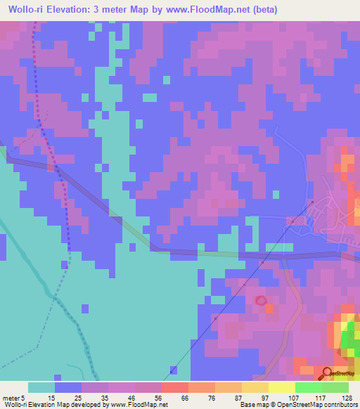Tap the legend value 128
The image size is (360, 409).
(348, 397)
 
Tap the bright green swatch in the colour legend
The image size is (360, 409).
(309, 387)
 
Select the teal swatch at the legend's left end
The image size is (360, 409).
(41, 387)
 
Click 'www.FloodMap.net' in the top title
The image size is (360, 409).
(209, 9)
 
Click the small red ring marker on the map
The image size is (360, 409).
(261, 301)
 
